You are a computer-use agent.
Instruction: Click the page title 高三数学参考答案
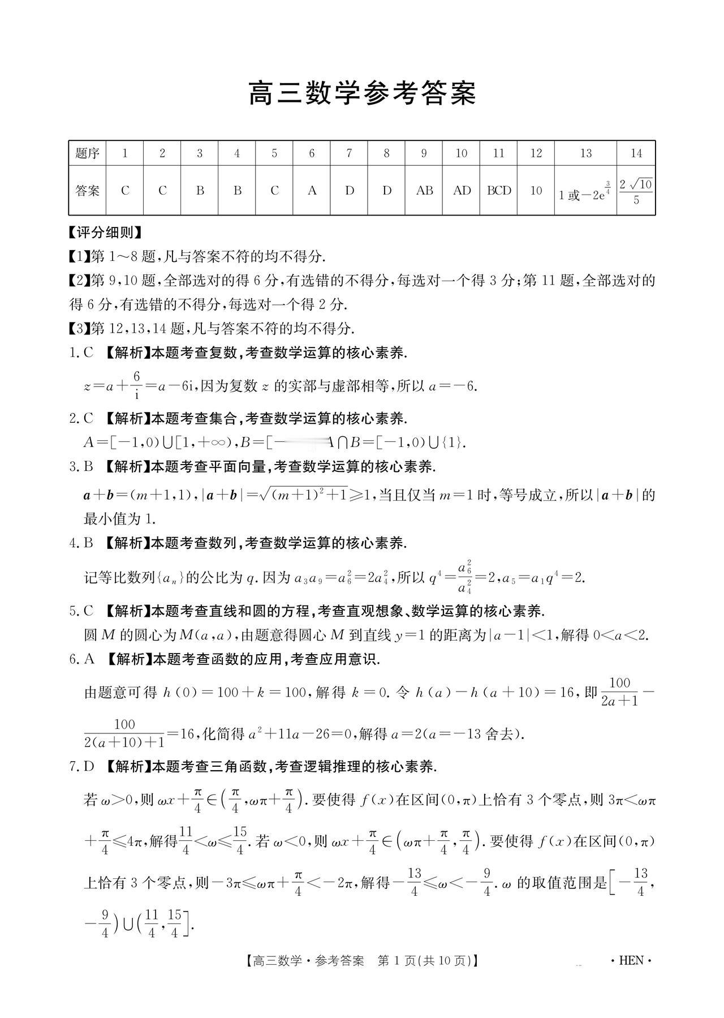(362, 94)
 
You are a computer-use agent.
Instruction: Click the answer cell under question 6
(312, 191)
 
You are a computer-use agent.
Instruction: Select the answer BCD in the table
(499, 191)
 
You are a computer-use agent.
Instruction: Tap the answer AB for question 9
(424, 191)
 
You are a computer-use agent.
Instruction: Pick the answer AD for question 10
(462, 191)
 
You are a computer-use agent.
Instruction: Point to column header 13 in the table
(585, 153)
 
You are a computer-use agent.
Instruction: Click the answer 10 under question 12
(536, 191)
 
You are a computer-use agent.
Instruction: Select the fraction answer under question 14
(636, 191)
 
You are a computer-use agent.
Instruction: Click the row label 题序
(88, 153)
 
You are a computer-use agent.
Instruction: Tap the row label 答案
(88, 191)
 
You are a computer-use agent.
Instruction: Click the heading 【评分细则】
(105, 233)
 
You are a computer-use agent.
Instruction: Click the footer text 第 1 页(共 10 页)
(424, 961)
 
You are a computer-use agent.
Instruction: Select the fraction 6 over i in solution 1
(136, 385)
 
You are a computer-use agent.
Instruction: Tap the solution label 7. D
(81, 767)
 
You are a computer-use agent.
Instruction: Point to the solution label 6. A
(81, 659)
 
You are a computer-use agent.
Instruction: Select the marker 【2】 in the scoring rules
(79, 281)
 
